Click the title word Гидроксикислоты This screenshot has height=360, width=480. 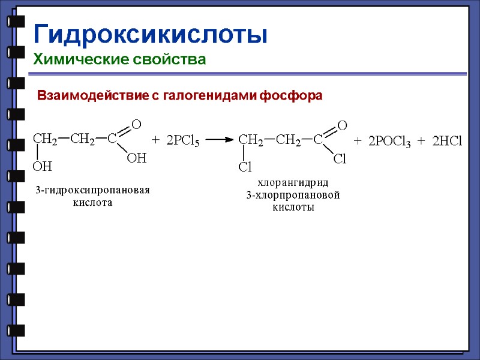tap(150, 34)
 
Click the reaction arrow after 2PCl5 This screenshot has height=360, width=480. tap(219, 140)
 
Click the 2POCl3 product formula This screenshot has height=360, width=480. tap(389, 142)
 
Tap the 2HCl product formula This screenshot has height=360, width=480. tap(447, 141)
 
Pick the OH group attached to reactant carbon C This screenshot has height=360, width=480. tap(137, 159)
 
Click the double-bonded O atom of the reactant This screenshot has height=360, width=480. tap(136, 124)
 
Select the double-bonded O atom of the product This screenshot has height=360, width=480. tap(343, 125)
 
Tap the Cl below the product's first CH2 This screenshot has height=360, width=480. tap(245, 166)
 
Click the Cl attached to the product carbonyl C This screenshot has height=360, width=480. tap(340, 159)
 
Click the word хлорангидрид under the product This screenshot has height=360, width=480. tap(293, 182)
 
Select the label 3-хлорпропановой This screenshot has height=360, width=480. tap(293, 195)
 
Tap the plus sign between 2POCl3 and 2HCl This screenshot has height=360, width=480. tap(421, 141)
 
